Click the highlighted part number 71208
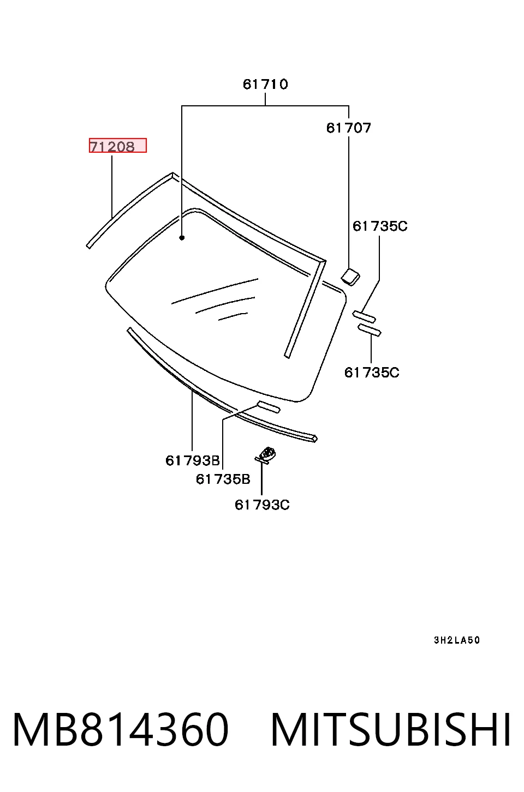point(112,146)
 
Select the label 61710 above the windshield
point(265,85)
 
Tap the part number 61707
point(348,128)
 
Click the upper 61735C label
point(380,226)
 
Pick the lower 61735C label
point(372,373)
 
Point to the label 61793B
point(193,460)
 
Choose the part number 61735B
point(223,479)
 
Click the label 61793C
point(262,505)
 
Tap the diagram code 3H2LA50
point(457,640)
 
